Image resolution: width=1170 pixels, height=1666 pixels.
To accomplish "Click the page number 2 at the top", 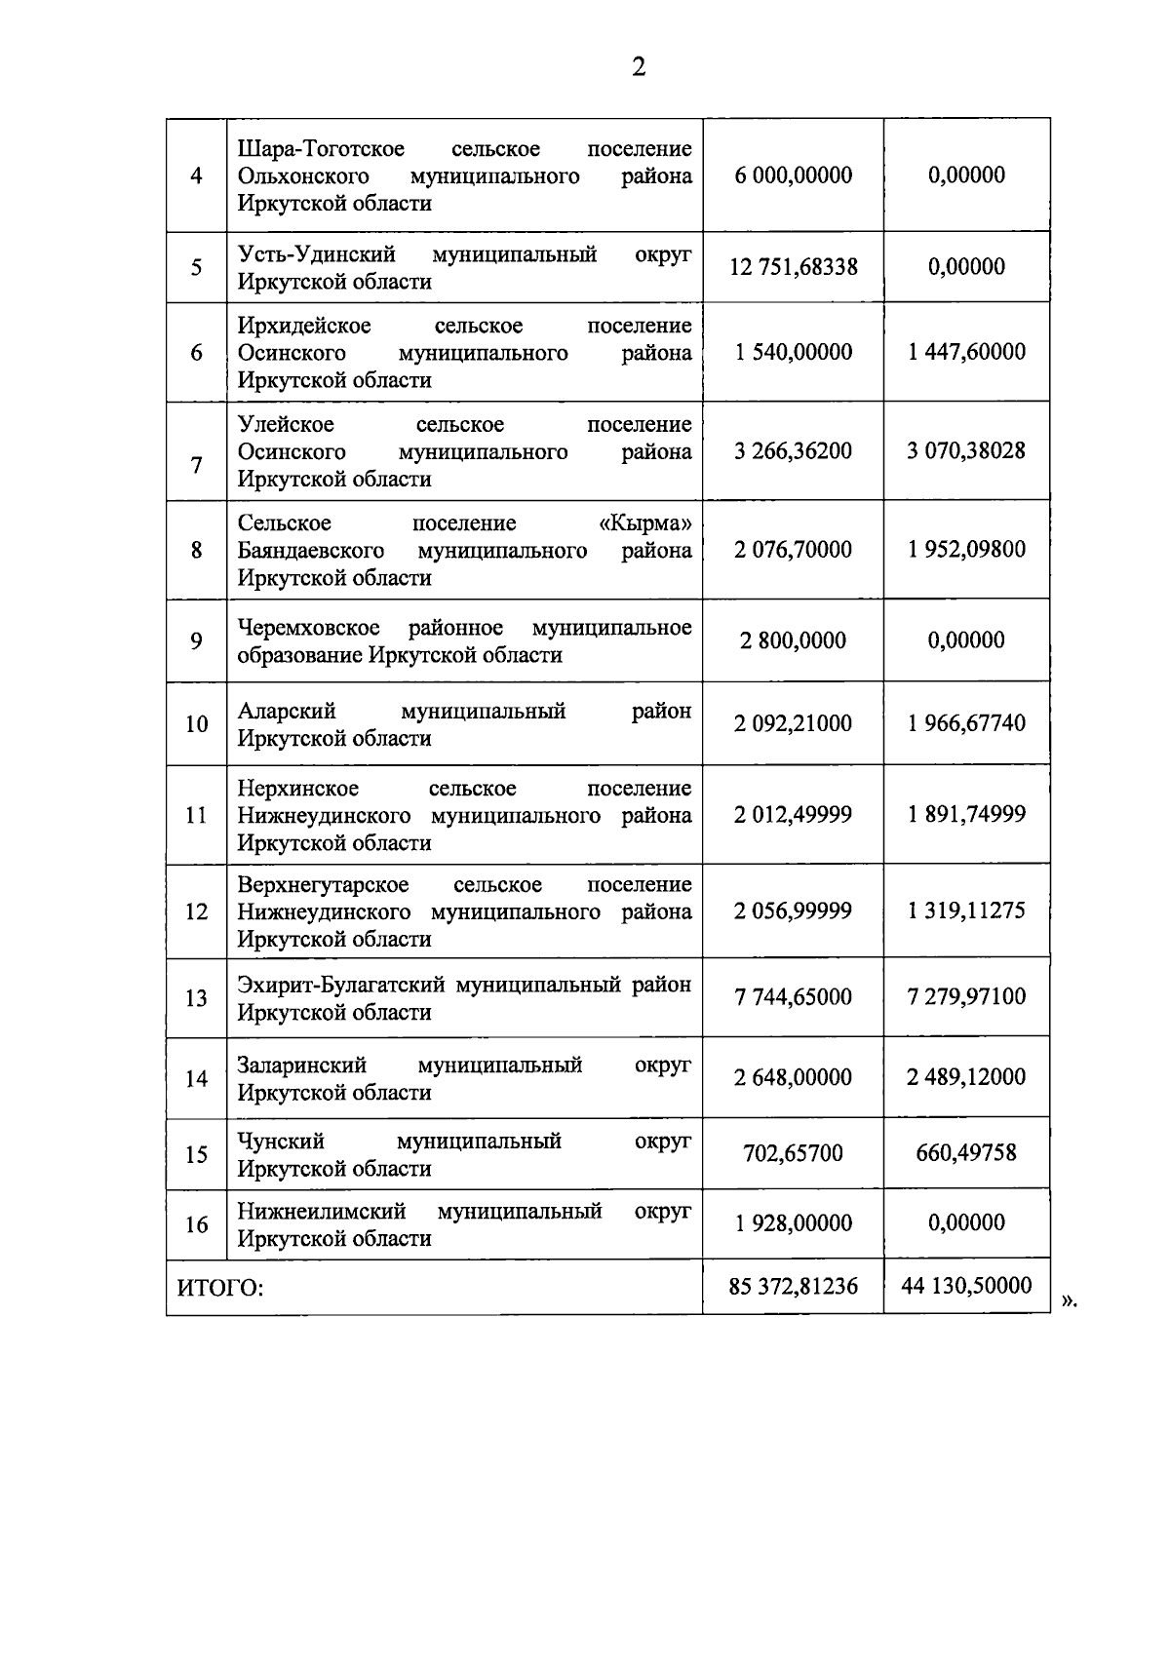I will point(639,67).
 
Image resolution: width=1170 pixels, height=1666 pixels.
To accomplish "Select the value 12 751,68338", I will point(793,267).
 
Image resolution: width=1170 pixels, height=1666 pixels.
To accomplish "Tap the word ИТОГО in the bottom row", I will point(220,1288).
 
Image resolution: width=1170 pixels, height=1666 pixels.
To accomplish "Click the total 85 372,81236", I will point(793,1287).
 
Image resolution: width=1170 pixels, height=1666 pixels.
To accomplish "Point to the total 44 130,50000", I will point(966,1286).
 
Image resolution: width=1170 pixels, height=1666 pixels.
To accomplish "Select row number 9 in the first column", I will point(196,641).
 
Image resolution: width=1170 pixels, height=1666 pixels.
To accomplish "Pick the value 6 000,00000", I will point(793,175).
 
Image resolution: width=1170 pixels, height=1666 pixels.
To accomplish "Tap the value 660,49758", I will point(966,1153).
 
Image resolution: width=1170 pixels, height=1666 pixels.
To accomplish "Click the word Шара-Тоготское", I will point(321,149).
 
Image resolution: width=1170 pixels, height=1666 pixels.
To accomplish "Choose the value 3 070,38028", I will point(966,451).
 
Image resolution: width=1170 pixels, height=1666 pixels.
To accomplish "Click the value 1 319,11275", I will point(966,911).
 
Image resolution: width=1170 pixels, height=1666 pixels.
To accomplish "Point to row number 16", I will point(196,1224).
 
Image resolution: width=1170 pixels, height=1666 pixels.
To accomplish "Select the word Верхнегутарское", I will point(323,885).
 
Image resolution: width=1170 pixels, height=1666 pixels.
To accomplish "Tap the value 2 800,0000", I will point(793,641).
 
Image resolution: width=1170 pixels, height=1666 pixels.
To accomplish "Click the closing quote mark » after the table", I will point(1068,1300).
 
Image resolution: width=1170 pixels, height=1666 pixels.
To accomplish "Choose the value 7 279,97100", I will point(966,997).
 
